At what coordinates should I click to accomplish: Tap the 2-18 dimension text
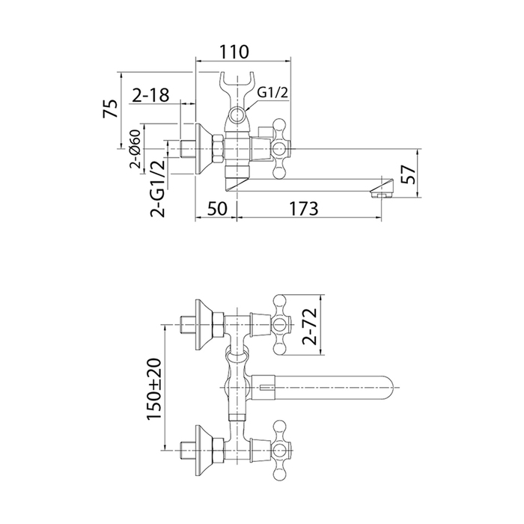click(x=150, y=95)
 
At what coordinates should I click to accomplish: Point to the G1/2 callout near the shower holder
click(x=272, y=92)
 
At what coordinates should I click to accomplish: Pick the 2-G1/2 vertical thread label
click(x=158, y=186)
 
